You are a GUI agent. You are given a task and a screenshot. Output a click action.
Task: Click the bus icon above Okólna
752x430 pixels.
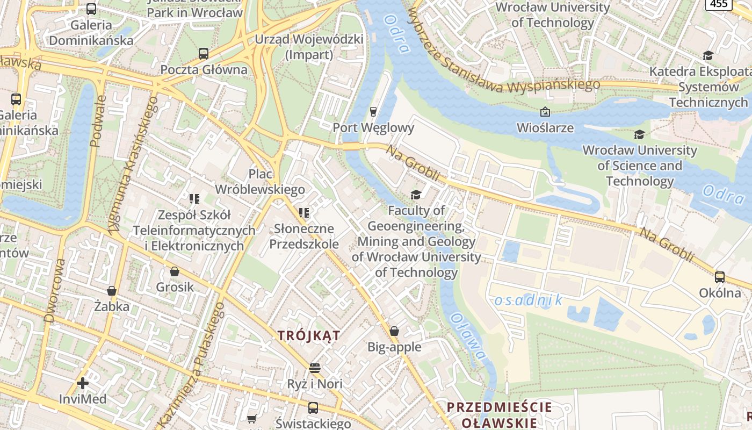(x=719, y=277)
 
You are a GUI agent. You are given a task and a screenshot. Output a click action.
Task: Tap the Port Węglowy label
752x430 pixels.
(x=373, y=128)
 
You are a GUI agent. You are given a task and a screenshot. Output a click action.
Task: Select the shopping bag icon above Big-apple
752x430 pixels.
(x=394, y=331)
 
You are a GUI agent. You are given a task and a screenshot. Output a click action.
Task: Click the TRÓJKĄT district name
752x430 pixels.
(x=309, y=335)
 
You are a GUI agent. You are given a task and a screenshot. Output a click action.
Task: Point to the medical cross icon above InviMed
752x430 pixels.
(x=83, y=383)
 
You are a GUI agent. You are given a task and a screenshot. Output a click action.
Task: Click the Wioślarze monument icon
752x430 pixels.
(x=545, y=112)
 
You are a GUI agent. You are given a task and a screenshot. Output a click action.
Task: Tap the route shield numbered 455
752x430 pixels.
(x=719, y=4)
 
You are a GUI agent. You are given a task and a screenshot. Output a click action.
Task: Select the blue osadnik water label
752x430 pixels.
(x=527, y=300)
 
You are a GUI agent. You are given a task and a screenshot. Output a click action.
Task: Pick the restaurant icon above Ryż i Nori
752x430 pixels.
(x=315, y=368)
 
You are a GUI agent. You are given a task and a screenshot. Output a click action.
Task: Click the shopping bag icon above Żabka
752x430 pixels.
(x=112, y=291)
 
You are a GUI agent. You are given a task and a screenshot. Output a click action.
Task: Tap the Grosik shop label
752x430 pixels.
(x=175, y=287)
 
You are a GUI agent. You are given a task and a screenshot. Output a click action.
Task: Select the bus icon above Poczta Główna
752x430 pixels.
(x=203, y=54)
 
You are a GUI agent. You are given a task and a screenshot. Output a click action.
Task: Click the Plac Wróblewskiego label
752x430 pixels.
(x=260, y=182)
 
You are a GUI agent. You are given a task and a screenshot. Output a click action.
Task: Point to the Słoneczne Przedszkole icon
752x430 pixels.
(x=304, y=213)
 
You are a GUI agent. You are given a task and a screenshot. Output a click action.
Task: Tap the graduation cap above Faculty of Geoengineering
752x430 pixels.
(x=416, y=194)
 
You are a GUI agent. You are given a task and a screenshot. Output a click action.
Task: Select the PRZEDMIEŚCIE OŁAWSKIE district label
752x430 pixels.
(x=499, y=414)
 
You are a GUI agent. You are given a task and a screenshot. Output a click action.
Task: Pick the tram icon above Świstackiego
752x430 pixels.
(x=313, y=407)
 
